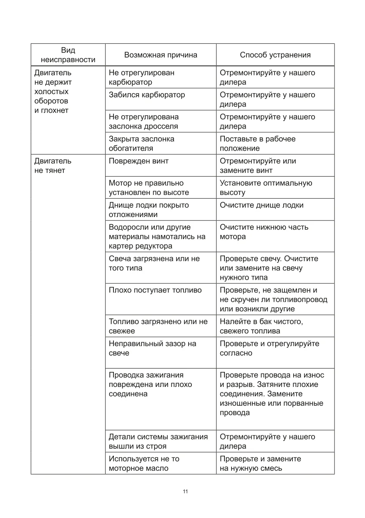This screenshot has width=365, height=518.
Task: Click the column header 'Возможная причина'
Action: tap(161, 55)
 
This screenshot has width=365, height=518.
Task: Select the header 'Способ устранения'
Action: tap(275, 55)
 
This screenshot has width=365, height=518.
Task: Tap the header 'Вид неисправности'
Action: tap(68, 55)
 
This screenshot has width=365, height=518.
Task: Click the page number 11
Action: tap(185, 491)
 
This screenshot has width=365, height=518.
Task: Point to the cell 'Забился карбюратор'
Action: tap(146, 95)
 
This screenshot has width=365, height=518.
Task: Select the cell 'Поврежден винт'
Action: tap(138, 161)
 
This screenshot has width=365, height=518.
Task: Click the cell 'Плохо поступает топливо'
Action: tap(155, 290)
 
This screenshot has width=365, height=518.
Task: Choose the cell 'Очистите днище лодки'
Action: tap(262, 205)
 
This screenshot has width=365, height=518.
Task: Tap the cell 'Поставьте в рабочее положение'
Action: tap(257, 144)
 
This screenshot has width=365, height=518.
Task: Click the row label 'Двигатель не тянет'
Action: tap(53, 166)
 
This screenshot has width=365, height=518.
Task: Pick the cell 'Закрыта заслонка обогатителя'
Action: tap(141, 144)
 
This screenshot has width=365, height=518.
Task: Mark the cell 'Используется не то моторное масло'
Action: tap(144, 463)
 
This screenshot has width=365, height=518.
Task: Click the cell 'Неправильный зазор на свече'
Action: tap(152, 348)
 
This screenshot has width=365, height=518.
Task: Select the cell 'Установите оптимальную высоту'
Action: tap(266, 188)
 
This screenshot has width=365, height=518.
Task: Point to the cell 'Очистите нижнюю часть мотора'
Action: tap(264, 232)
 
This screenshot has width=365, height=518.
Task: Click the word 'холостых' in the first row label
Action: tap(51, 92)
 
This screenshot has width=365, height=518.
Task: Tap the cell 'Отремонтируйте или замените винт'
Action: tap(258, 166)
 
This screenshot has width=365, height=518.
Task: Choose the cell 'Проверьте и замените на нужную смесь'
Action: tap(260, 463)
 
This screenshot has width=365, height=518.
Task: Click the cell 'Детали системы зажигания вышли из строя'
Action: tap(158, 442)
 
